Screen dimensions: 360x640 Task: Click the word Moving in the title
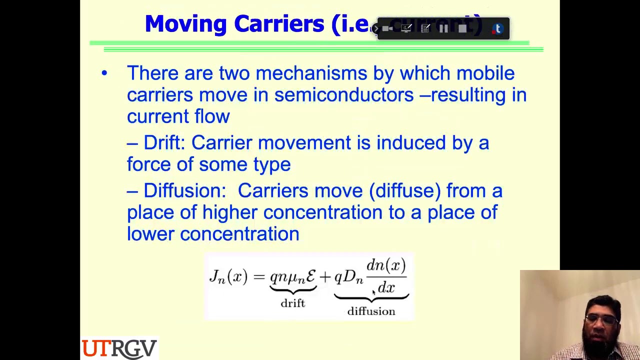click(185, 24)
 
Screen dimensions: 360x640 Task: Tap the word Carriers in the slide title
click(278, 24)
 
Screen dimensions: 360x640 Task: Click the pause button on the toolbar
click(443, 29)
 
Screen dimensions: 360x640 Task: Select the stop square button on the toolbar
click(462, 29)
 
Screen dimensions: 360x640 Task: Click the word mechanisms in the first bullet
click(311, 73)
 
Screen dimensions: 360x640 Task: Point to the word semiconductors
click(343, 95)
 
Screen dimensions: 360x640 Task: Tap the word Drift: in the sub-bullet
click(164, 143)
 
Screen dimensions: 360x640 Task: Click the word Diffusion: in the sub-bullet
click(184, 191)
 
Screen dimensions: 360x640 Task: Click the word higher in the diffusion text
click(229, 212)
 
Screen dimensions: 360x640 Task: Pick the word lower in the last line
click(150, 234)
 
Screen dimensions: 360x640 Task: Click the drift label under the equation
click(292, 303)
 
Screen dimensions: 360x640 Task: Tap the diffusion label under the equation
click(371, 311)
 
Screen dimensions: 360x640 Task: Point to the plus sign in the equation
click(325, 276)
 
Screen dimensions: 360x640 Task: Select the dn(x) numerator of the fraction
click(386, 265)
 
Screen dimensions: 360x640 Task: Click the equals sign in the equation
click(258, 276)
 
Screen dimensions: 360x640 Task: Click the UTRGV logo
click(119, 348)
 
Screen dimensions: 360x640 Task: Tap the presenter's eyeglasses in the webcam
click(603, 320)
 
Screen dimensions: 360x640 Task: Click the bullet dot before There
click(104, 73)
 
